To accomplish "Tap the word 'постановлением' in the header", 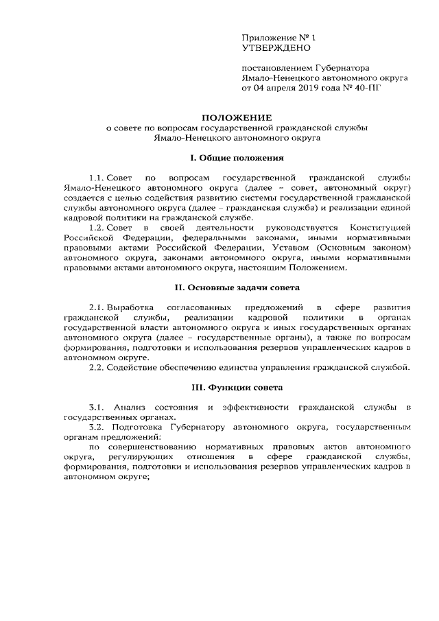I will (x=276, y=68).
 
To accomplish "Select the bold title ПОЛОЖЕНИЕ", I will (x=236, y=118).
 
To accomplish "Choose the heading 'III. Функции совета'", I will (x=236, y=388).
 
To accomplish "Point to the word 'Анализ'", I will (x=129, y=408).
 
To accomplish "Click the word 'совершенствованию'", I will (x=149, y=447).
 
